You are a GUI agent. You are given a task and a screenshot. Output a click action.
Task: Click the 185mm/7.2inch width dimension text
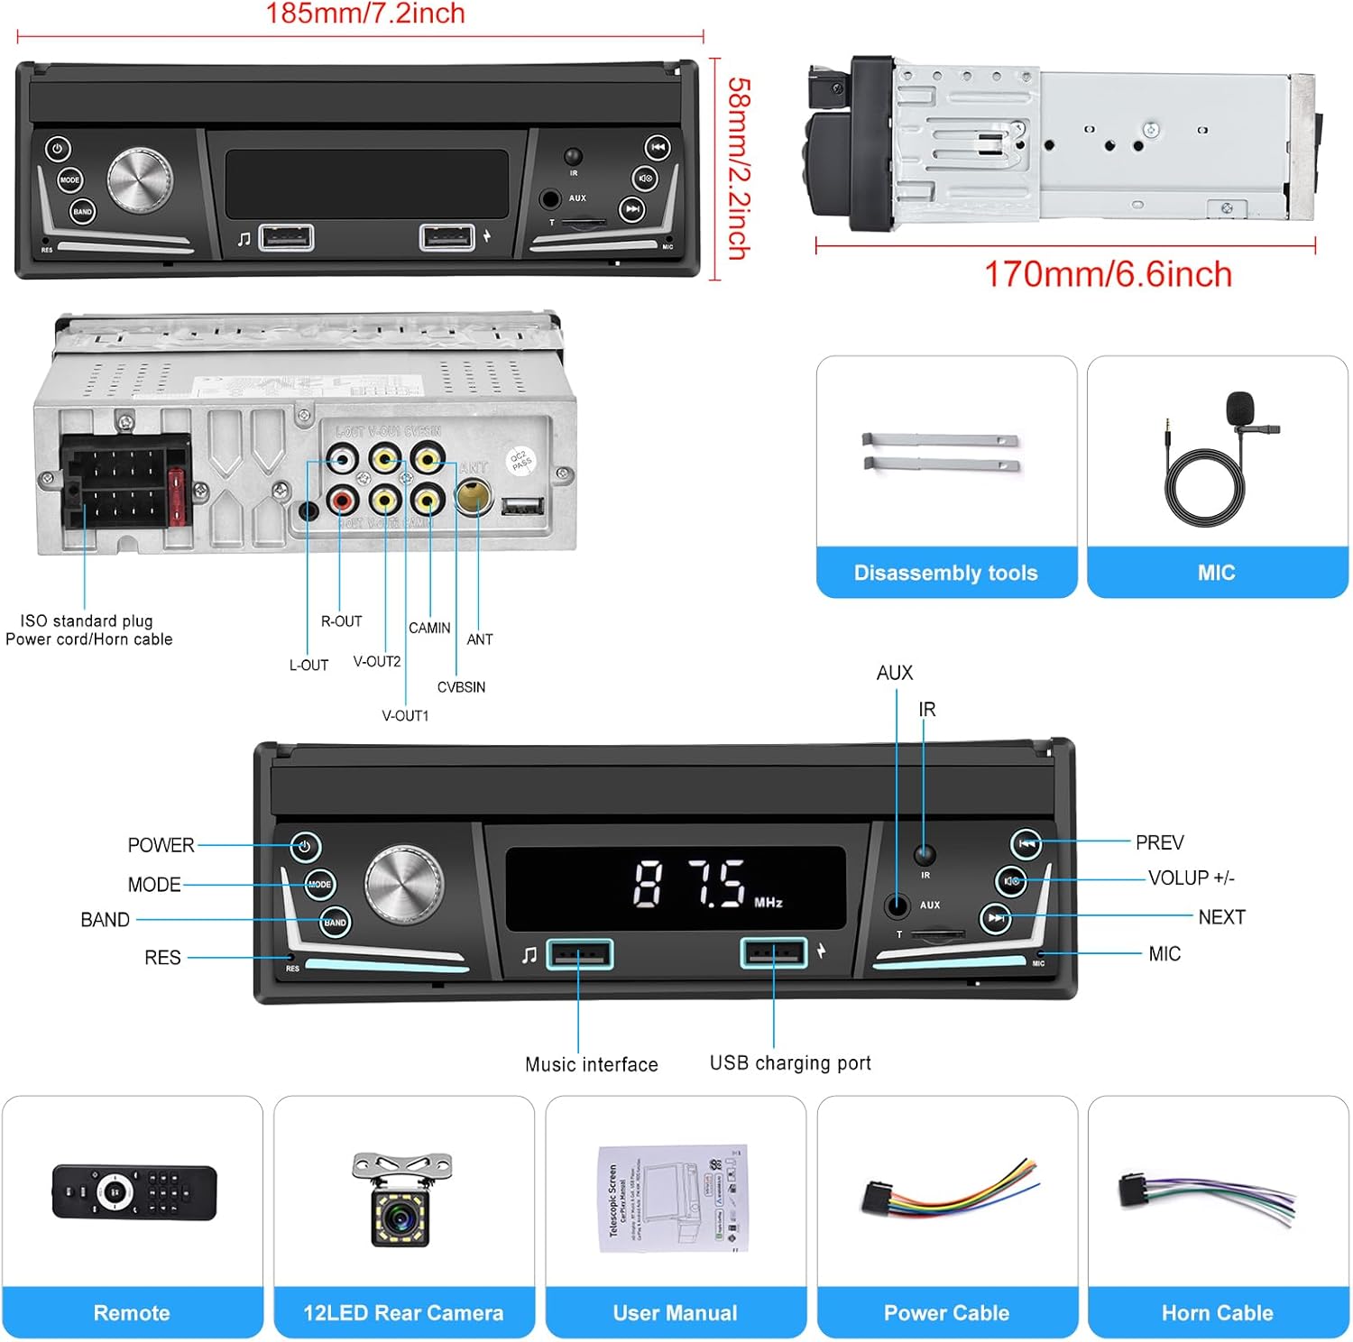coord(365,14)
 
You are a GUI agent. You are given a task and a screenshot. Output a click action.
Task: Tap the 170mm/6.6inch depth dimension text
coord(1108,274)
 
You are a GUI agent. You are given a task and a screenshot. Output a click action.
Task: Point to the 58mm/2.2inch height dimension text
coord(739,169)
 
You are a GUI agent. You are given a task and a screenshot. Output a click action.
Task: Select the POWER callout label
coord(161,845)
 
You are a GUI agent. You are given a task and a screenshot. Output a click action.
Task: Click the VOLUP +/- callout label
coord(1191,878)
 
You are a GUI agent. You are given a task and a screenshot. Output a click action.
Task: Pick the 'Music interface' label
coord(592,1064)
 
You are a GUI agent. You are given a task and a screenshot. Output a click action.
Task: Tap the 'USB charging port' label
coord(790,1063)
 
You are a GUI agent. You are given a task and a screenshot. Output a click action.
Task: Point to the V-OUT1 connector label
coord(405,716)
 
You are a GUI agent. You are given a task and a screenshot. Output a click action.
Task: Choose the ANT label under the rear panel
coord(480,639)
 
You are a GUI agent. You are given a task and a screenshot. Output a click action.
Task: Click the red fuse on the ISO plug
coord(178,497)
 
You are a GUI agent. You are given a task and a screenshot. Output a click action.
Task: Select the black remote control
coord(133,1192)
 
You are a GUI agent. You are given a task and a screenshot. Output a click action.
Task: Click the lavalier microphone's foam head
coord(1240,407)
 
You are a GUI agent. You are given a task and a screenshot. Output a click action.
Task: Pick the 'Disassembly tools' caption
coord(945,573)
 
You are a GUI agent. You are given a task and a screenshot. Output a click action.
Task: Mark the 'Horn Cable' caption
coord(1217,1313)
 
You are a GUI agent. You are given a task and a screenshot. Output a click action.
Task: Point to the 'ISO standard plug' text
coord(87,620)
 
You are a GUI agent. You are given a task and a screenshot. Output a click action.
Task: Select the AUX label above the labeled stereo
coord(894,673)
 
